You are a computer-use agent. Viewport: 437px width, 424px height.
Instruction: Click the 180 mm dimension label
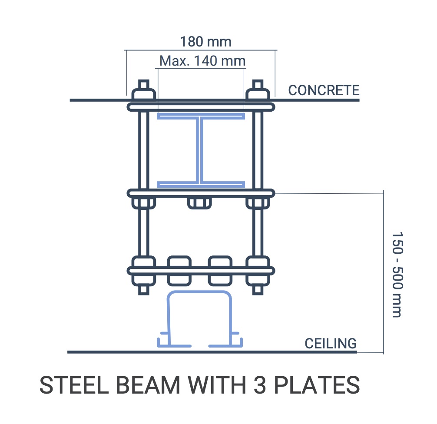tap(205, 42)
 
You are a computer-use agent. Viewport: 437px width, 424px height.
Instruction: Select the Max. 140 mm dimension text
tap(202, 60)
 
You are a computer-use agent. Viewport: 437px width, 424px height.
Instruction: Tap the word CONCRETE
tap(324, 90)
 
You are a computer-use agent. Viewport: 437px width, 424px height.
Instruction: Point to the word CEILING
tap(330, 343)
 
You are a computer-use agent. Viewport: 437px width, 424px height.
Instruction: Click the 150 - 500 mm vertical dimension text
tap(396, 274)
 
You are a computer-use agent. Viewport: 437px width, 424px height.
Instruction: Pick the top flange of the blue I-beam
tap(200, 116)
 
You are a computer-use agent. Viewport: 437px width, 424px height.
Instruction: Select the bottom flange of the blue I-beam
tap(200, 184)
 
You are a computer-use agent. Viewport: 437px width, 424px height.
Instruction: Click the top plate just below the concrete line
tap(201, 106)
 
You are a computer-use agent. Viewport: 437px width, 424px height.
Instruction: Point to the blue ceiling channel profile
tap(198, 319)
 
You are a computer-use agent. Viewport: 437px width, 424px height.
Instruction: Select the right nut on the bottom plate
tap(258, 270)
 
